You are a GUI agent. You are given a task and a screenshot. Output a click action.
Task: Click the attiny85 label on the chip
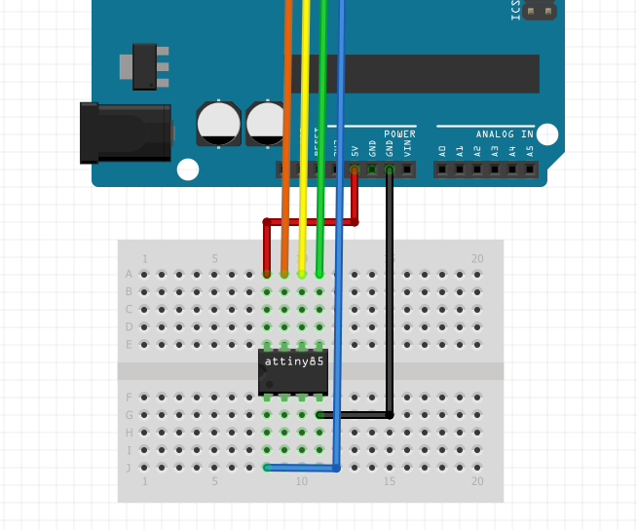(x=293, y=361)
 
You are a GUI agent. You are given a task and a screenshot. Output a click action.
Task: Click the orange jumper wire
(x=286, y=146)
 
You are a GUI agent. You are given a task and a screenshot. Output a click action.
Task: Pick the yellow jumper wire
(x=305, y=146)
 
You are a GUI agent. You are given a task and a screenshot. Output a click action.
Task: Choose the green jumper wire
(x=321, y=146)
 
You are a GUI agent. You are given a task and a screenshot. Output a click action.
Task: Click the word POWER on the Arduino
(x=399, y=134)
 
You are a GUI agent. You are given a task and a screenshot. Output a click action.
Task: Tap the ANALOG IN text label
(x=504, y=134)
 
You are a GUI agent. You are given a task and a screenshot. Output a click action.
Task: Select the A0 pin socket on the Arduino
(x=442, y=170)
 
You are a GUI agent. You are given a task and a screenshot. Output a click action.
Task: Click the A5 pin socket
(x=530, y=170)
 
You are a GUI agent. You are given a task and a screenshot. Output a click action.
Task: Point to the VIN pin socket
(x=407, y=170)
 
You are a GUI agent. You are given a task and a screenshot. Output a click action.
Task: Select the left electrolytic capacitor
(x=219, y=123)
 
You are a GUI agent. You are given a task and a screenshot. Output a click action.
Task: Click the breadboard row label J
(x=129, y=468)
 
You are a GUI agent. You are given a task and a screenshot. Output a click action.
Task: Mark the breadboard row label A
(x=129, y=275)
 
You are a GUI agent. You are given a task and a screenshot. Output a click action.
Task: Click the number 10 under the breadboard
(x=302, y=482)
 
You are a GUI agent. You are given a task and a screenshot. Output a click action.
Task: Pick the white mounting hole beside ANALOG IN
(x=547, y=133)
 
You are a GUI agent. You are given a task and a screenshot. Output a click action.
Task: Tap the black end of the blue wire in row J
(x=268, y=468)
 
